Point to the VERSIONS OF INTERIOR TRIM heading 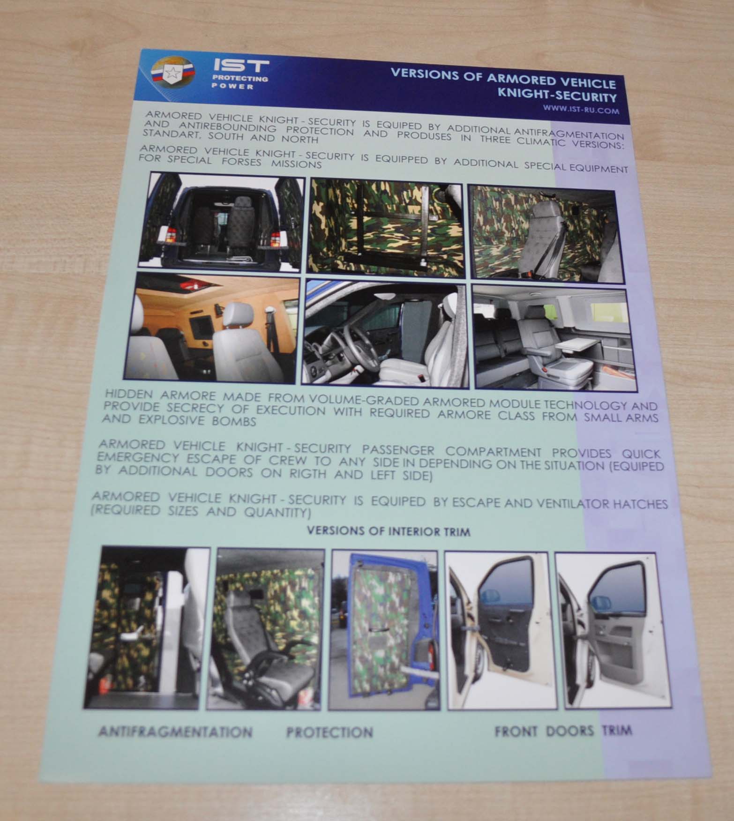[x=388, y=532]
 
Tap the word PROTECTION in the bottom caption [x=330, y=731]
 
